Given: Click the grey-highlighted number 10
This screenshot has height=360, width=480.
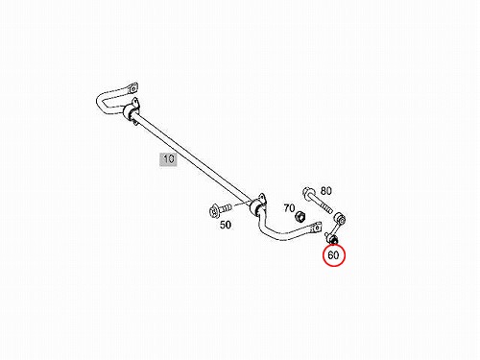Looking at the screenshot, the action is [169, 159].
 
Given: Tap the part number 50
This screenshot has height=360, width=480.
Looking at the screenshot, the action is [226, 225].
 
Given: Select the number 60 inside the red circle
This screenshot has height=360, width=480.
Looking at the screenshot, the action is [333, 255].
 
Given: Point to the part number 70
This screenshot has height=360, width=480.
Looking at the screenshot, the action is [289, 208].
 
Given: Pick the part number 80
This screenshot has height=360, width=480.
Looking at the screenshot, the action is [325, 191].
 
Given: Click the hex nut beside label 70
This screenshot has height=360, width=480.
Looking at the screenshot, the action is [300, 217].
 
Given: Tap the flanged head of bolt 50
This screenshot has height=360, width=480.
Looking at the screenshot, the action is [213, 211].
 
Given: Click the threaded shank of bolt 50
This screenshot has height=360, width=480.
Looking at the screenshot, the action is [226, 208].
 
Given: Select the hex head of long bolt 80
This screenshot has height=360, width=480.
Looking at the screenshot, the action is [308, 193].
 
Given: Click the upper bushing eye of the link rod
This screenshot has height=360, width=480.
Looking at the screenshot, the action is [341, 219].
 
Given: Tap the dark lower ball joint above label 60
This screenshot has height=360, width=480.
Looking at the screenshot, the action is [333, 239].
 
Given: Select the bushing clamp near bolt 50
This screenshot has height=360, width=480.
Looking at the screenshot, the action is [258, 205].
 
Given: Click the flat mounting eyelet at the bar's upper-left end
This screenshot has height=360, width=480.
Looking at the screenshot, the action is [132, 88].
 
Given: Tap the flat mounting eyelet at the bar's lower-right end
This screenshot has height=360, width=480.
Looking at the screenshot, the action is [316, 228].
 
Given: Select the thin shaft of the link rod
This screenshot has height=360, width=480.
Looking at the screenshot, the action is [336, 229].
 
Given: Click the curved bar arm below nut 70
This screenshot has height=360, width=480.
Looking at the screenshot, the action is [281, 232].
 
